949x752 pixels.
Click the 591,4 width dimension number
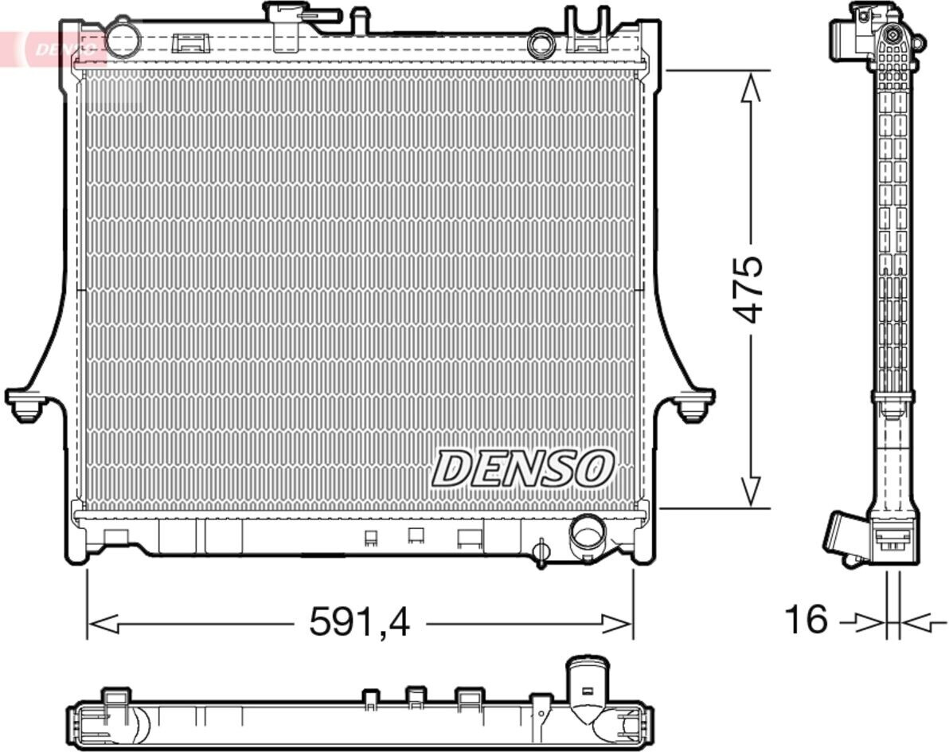pyautogui.click(x=360, y=622)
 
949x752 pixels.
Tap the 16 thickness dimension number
pyautogui.click(x=806, y=620)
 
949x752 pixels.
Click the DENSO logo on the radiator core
pyautogui.click(x=523, y=468)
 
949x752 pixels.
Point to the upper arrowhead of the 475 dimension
pyautogui.click(x=751, y=88)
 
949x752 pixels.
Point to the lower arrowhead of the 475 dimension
pyautogui.click(x=751, y=491)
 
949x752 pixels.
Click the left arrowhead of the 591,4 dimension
pyautogui.click(x=103, y=624)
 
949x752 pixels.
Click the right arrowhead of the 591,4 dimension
pyautogui.click(x=617, y=624)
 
